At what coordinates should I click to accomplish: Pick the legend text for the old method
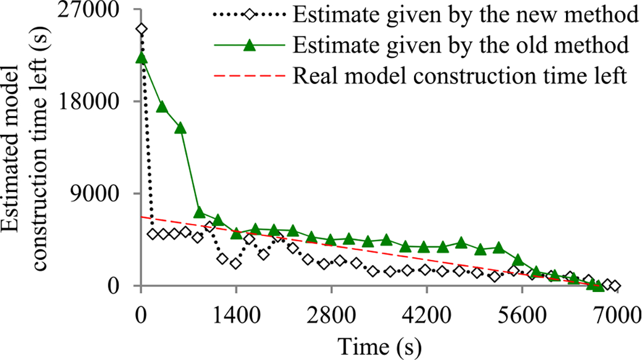[x=461, y=45]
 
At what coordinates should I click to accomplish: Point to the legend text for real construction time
[x=460, y=75]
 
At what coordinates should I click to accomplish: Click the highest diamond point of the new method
[x=141, y=29]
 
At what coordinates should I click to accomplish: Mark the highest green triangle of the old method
[x=141, y=58]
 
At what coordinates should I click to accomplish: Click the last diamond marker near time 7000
[x=615, y=286]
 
